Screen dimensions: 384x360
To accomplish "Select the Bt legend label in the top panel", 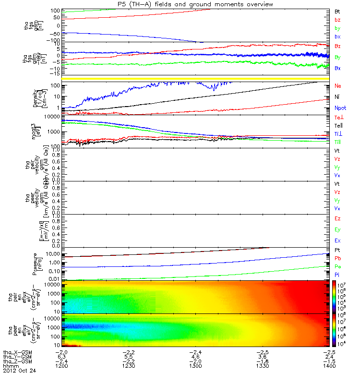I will tap(337, 11).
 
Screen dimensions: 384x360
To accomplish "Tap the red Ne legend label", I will tap(338, 86).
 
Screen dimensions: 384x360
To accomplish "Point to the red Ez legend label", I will tap(338, 218).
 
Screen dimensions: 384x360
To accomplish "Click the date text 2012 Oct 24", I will tap(19, 371).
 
